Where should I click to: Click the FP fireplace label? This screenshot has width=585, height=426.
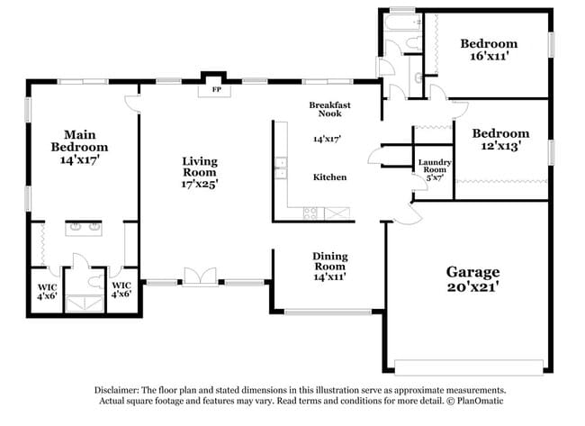(x=215, y=90)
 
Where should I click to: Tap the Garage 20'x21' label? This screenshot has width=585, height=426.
(x=472, y=279)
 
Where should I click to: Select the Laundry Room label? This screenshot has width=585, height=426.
(x=434, y=169)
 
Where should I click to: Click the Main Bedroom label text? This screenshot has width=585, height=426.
(x=79, y=147)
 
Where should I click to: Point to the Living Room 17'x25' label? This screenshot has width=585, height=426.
(x=200, y=172)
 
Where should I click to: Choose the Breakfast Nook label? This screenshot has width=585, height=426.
(x=329, y=109)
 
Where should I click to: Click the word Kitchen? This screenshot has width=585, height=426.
(x=329, y=177)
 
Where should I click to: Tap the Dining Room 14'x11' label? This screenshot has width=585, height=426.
(x=329, y=266)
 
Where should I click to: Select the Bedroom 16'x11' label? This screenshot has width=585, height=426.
(x=489, y=50)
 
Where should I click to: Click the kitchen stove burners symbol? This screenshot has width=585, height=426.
(x=310, y=213)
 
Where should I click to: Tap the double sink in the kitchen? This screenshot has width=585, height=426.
(x=280, y=168)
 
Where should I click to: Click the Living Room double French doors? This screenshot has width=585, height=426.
(x=200, y=277)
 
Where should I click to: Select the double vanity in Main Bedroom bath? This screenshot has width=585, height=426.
(x=84, y=228)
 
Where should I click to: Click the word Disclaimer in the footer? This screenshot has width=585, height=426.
(x=118, y=390)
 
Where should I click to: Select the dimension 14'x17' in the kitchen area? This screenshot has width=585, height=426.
(x=329, y=140)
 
